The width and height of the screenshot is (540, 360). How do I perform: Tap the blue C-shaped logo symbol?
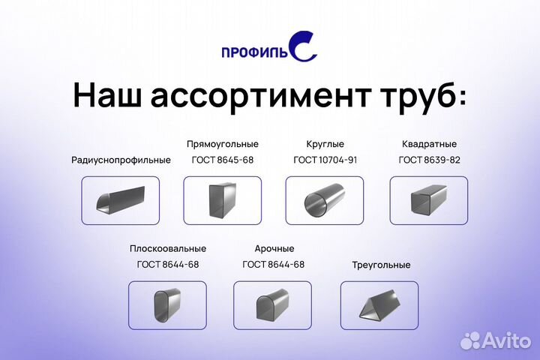(303, 46)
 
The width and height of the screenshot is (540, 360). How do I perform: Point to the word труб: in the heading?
(419, 97)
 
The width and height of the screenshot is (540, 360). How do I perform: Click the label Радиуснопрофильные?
(121, 160)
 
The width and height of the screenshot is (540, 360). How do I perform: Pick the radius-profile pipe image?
(120, 200)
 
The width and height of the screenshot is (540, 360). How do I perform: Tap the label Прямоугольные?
(223, 143)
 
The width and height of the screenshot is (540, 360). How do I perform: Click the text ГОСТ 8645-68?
(223, 160)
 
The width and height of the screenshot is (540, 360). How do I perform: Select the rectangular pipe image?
(223, 200)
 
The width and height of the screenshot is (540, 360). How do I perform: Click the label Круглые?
(324, 143)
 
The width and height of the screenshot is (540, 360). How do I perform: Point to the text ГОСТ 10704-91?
(324, 160)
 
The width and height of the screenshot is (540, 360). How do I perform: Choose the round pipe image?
(324, 200)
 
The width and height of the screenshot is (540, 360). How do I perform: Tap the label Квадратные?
(429, 143)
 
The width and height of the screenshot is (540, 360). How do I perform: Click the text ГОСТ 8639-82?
(429, 160)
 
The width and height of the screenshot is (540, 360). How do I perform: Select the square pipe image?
(429, 200)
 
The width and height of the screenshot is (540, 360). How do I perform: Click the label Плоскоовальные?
(168, 248)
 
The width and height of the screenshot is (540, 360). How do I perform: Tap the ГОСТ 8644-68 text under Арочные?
(273, 265)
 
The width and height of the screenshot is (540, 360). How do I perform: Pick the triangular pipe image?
(379, 305)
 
